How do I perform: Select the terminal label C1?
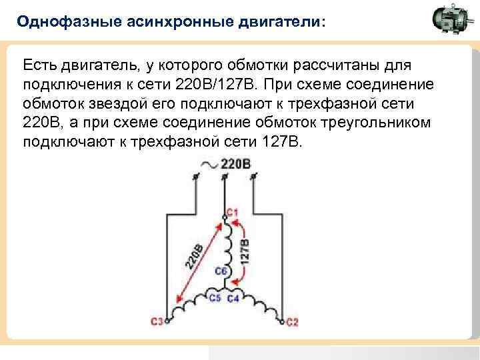point(233,212)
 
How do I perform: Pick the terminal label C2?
point(293,322)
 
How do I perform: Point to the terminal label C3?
point(157,321)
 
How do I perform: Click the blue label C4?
point(233,298)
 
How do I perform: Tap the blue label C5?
point(215,297)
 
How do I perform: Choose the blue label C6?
point(221,271)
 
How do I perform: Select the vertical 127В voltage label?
point(245,251)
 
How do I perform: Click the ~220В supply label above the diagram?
point(225,165)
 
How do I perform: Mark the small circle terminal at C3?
point(167,321)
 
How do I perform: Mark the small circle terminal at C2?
point(282,321)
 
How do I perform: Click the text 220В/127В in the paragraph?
point(215,85)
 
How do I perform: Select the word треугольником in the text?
point(375,123)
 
